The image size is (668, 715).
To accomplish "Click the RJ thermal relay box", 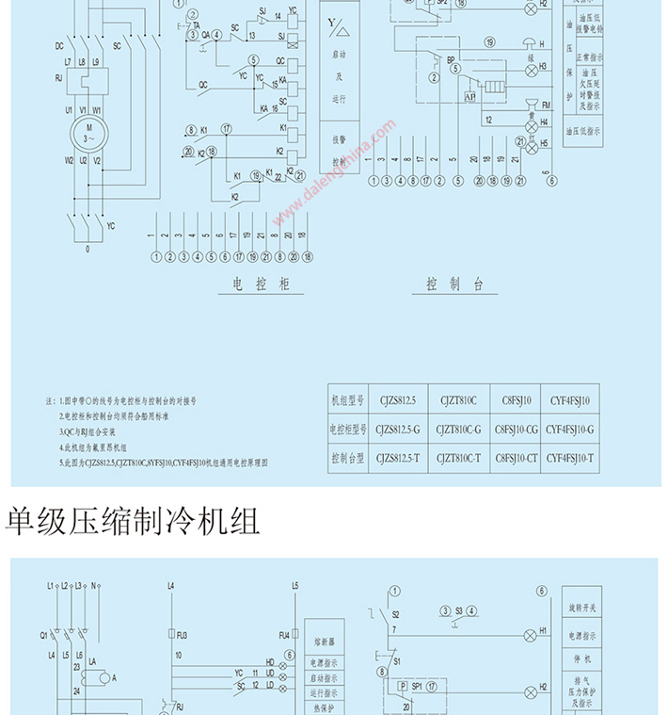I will click(84, 81).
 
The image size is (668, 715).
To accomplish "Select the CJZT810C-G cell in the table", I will click(460, 430).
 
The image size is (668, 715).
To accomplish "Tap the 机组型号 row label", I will click(346, 400).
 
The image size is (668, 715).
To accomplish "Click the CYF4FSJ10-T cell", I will click(571, 458).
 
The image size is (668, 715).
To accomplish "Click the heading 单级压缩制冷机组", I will click(133, 520).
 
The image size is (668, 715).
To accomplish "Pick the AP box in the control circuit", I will click(469, 95).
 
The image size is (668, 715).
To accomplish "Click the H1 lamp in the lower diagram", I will click(530, 632).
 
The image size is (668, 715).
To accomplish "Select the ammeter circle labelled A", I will click(114, 676).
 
